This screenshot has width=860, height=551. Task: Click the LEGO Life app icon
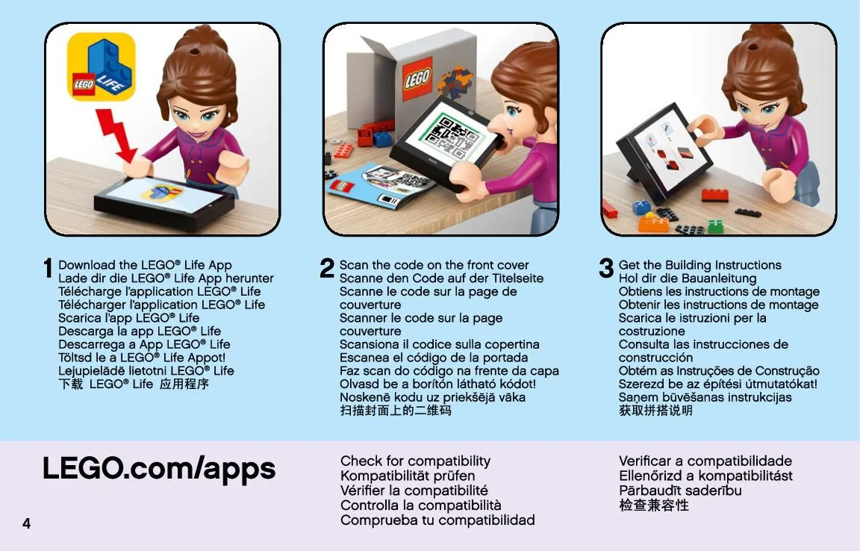(101, 66)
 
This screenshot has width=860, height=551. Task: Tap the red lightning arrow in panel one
(116, 136)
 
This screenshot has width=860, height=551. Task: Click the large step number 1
(48, 268)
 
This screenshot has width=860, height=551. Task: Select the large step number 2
(327, 268)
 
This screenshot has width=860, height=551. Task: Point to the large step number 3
(606, 268)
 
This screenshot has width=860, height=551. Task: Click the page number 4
(26, 523)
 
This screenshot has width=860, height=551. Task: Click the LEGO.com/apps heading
(159, 469)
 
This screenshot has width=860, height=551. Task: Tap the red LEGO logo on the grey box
(417, 78)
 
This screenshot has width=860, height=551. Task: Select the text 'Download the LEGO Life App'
(145, 265)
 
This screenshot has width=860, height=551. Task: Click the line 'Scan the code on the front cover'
(434, 265)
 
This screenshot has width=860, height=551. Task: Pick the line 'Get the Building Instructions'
(699, 265)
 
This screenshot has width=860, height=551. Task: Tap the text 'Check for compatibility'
(415, 461)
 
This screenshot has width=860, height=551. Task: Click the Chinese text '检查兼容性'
(654, 505)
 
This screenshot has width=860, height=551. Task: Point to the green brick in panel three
(715, 225)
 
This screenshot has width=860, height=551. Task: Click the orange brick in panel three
(653, 222)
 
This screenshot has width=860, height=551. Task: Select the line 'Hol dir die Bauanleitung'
(688, 278)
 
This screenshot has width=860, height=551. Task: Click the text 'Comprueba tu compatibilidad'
(437, 520)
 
